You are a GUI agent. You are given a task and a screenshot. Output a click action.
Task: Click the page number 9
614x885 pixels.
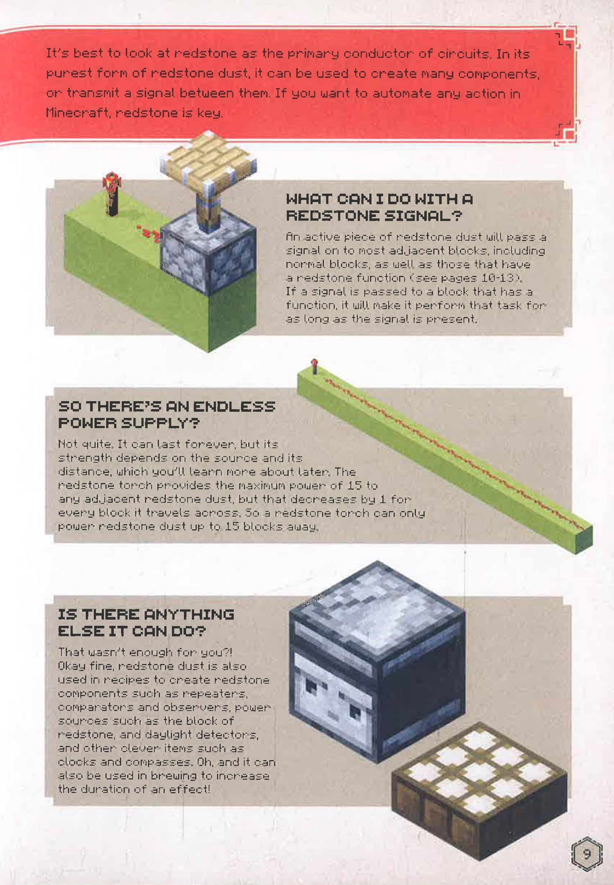click(x=587, y=854)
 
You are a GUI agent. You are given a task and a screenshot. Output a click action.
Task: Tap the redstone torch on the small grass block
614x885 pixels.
click(x=112, y=194)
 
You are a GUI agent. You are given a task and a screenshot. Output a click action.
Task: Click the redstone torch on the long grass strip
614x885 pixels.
click(x=314, y=366)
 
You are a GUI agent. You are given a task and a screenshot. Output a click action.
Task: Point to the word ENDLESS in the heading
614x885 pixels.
click(x=234, y=406)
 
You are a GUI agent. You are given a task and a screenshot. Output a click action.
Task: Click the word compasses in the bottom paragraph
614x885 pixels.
click(x=158, y=762)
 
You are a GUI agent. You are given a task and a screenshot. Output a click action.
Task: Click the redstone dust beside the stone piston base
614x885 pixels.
click(x=149, y=234)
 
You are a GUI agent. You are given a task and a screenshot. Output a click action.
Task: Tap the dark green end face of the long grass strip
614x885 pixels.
click(x=584, y=539)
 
